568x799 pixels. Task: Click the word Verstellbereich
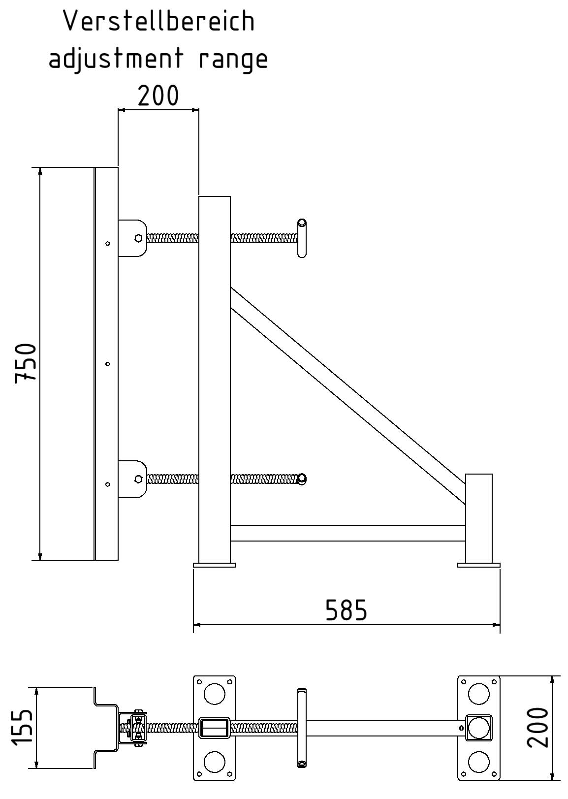click(x=159, y=21)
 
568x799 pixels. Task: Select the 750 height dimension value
click(x=26, y=363)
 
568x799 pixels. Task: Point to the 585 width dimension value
click(x=346, y=610)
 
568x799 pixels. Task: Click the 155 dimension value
click(x=22, y=727)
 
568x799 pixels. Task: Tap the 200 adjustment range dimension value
click(x=158, y=96)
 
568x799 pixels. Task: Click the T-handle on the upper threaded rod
click(x=302, y=238)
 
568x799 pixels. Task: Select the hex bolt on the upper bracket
click(x=139, y=238)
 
